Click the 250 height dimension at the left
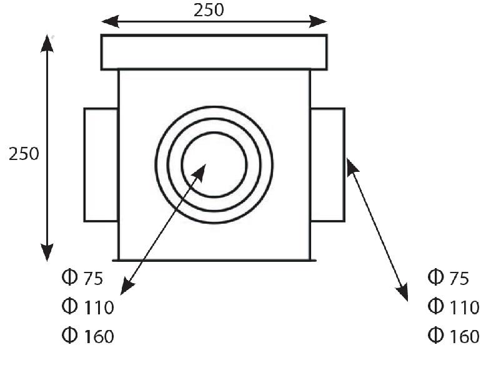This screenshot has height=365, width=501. pos(24,154)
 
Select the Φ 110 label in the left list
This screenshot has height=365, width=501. pos(87,307)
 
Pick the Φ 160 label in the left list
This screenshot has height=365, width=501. pos(87,336)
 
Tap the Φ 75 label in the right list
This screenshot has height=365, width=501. pos(448,278)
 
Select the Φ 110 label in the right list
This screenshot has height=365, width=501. pos(454,307)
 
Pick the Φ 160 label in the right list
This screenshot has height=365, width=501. pos(454,336)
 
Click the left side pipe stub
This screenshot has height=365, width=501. pos(101,164)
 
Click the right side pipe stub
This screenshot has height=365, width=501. pos(327,164)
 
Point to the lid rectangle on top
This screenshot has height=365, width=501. pos(214,52)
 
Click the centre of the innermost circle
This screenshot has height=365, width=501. pos(214,164)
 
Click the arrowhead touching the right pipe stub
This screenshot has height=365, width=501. pos(350,165)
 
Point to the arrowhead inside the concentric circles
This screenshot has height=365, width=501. pos(201,171)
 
